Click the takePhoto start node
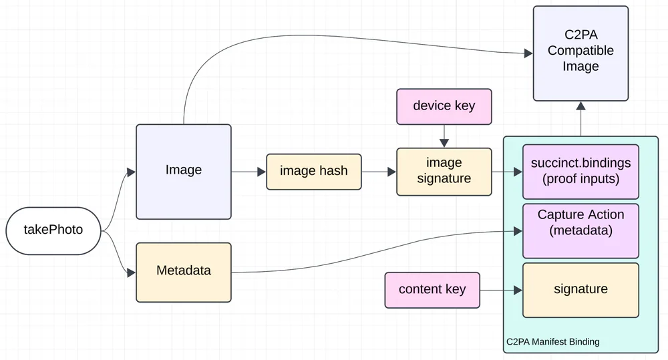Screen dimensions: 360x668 [x=53, y=230]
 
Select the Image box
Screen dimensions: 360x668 [x=184, y=171]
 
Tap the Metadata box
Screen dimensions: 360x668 [x=184, y=271]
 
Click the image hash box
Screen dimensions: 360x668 [x=313, y=171]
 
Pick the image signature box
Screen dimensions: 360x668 [x=444, y=171]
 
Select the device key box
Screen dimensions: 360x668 [x=444, y=106]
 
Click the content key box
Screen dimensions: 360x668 [x=432, y=289]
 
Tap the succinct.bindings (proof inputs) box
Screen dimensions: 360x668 [x=580, y=171]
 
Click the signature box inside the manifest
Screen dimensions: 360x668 [x=580, y=289]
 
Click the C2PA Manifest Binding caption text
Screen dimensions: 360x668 [x=552, y=342]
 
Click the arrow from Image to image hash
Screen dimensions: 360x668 [x=248, y=172]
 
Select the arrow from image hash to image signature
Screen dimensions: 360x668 [x=379, y=172]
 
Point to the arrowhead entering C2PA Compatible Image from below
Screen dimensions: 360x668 [x=580, y=106]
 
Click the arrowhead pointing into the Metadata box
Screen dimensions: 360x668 [x=132, y=272]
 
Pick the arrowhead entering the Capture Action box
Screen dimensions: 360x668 [x=518, y=231]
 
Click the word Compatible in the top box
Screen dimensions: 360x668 [x=580, y=51]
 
